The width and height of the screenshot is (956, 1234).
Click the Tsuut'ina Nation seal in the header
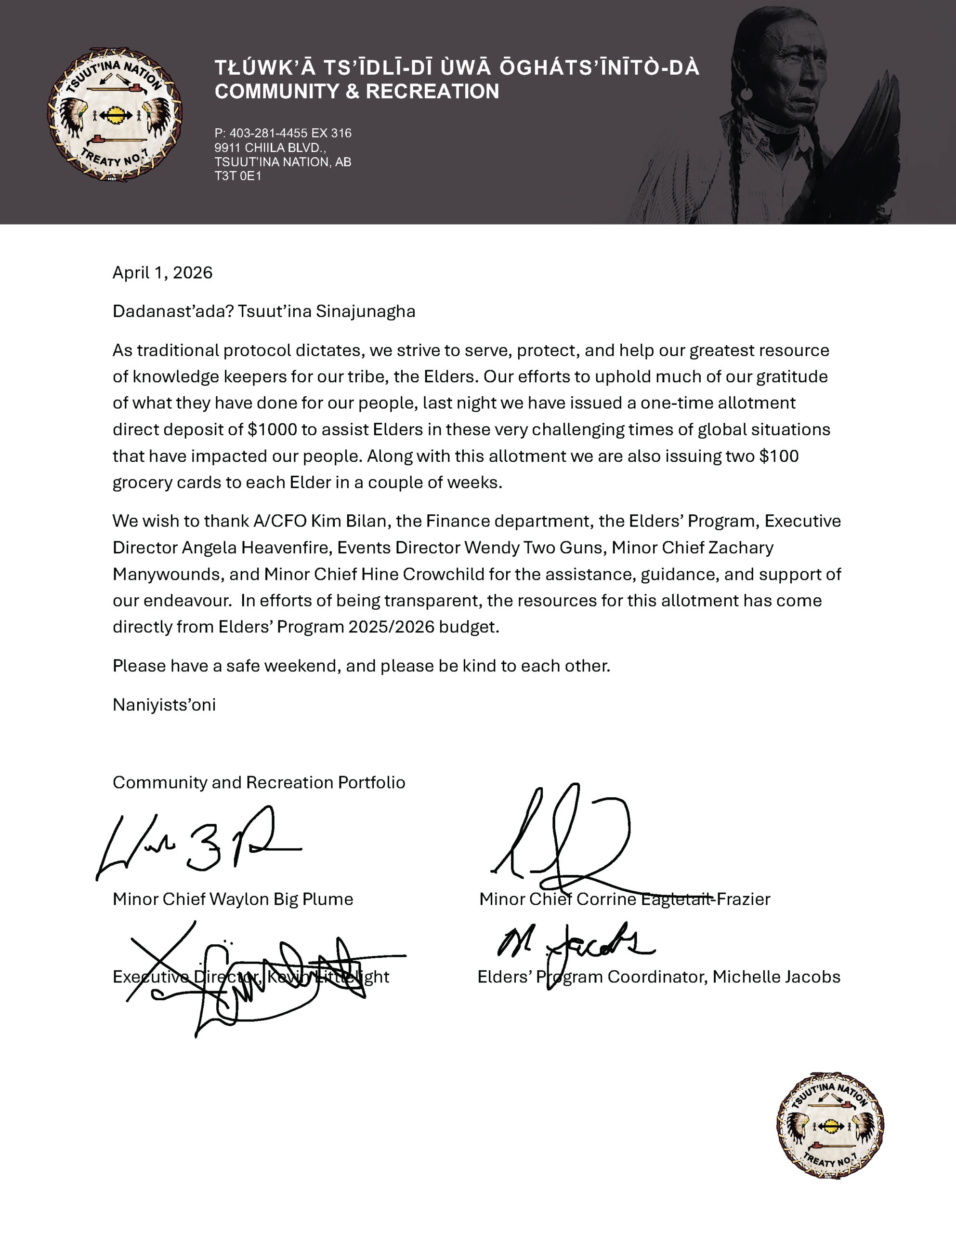[115, 115]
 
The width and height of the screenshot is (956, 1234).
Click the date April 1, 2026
[162, 273]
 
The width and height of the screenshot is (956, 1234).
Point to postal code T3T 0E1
[238, 176]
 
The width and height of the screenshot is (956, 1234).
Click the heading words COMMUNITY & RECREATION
[357, 92]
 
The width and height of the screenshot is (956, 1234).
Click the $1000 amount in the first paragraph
[272, 429]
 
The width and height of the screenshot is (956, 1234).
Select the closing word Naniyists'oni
[164, 705]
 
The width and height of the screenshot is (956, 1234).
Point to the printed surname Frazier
[744, 899]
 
